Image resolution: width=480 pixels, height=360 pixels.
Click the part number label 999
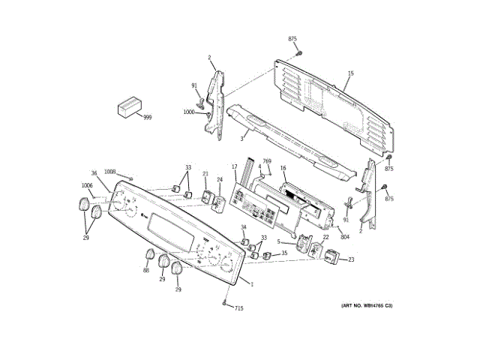(x=147, y=118)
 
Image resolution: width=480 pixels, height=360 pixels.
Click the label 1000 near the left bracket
(x=188, y=112)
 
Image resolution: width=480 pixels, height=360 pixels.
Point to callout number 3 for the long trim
(x=242, y=138)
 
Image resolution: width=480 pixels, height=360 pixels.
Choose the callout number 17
(x=234, y=166)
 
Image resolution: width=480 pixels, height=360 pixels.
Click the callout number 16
(x=283, y=169)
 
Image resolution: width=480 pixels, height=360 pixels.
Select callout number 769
(x=267, y=161)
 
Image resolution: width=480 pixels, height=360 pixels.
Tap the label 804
(x=344, y=238)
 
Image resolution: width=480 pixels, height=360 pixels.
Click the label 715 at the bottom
(x=239, y=308)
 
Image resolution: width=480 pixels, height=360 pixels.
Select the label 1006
(x=87, y=185)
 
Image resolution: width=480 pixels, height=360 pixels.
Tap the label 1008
(x=110, y=172)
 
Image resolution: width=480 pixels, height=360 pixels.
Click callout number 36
(x=94, y=173)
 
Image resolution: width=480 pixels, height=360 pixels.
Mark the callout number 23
(x=350, y=259)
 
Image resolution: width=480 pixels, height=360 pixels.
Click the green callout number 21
(x=205, y=175)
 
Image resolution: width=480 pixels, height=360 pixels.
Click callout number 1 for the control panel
(x=252, y=283)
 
